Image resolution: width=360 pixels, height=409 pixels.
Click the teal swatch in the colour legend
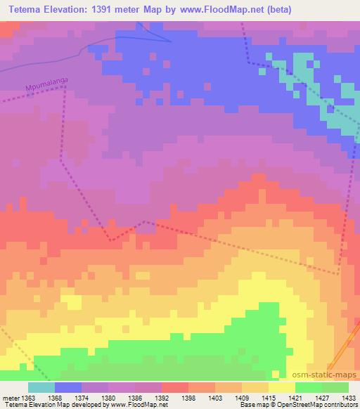coord(41,387)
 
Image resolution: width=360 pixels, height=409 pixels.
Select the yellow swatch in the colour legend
coord(282,387)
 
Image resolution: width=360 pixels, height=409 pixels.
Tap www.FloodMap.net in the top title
coord(224,10)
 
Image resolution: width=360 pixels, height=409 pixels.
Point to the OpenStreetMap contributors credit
coord(323,404)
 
